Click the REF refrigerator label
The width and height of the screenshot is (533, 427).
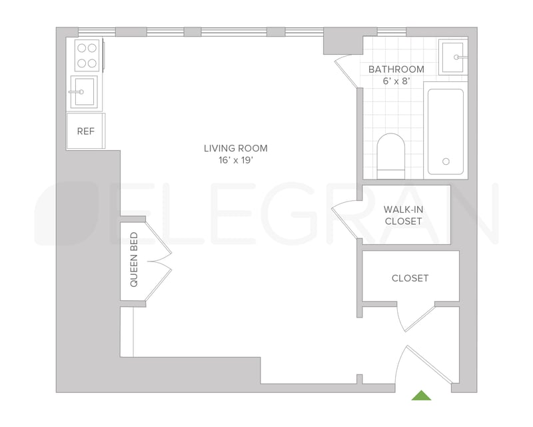[x=86, y=131]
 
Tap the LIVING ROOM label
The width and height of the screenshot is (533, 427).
[x=236, y=148]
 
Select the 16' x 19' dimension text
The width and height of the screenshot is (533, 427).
[x=236, y=160]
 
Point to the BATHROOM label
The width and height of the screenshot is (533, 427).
[x=396, y=69]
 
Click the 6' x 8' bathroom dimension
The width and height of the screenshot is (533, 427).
[x=396, y=81]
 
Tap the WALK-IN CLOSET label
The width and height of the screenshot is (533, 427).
[x=404, y=216]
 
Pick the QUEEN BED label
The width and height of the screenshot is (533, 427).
[x=134, y=260]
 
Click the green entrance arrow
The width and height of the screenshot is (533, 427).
[x=422, y=395]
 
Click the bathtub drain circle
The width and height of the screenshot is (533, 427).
[x=446, y=161]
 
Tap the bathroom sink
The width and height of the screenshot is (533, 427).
[x=453, y=57]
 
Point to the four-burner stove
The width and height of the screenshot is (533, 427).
[x=87, y=55]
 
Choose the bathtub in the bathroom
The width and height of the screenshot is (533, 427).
[x=446, y=131]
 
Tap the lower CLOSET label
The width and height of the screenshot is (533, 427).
[x=410, y=278]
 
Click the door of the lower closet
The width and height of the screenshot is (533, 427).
[x=416, y=318]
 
